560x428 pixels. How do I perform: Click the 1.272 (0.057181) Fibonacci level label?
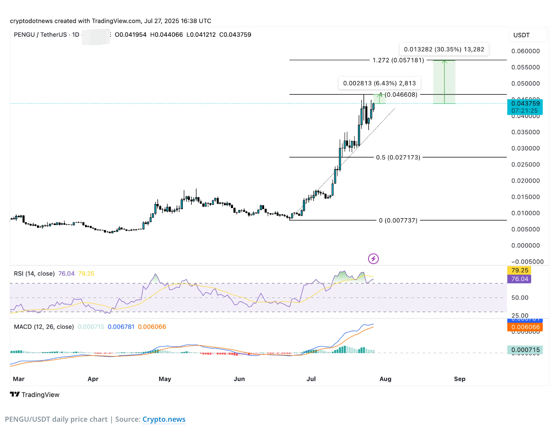pyautogui.click(x=398, y=60)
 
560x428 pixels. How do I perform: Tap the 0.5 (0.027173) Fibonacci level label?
pyautogui.click(x=398, y=158)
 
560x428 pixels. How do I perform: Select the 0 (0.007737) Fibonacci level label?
pyautogui.click(x=398, y=221)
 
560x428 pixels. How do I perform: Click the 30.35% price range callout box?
pyautogui.click(x=444, y=49)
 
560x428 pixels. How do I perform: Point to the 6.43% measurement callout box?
pyautogui.click(x=379, y=83)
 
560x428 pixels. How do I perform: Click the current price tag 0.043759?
pyautogui.click(x=525, y=104)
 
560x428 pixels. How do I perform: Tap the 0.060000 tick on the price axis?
pyautogui.click(x=525, y=51)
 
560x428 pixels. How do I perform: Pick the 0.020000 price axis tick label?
pyautogui.click(x=525, y=181)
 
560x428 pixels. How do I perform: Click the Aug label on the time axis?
pyautogui.click(x=385, y=379)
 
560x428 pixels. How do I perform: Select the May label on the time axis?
pyautogui.click(x=165, y=379)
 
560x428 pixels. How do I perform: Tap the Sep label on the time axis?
pyautogui.click(x=460, y=379)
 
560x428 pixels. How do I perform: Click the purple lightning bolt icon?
pyautogui.click(x=373, y=259)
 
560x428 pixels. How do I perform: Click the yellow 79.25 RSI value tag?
pyautogui.click(x=519, y=270)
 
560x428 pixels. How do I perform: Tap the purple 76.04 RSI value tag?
pyautogui.click(x=519, y=279)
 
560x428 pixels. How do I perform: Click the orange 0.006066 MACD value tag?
pyautogui.click(x=525, y=327)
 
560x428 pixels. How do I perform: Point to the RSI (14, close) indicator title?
pyautogui.click(x=34, y=274)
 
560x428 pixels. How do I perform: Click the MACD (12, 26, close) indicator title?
pyautogui.click(x=44, y=327)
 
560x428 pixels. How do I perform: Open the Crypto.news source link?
pyautogui.click(x=164, y=420)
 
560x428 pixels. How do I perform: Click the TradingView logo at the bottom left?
pyautogui.click(x=35, y=395)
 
